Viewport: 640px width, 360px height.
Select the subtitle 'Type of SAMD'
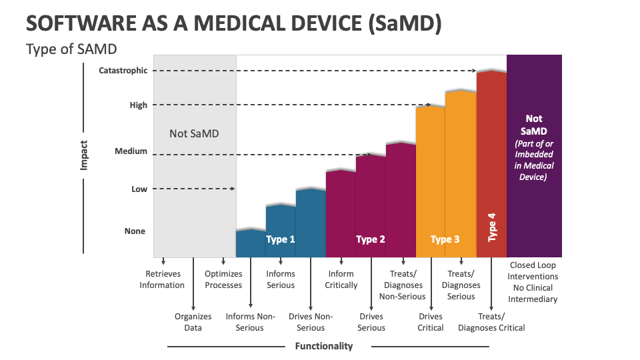(x=72, y=49)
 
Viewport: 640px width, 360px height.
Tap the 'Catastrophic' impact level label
(x=123, y=71)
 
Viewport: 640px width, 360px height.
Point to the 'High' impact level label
(x=138, y=105)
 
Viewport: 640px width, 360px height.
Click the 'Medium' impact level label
(x=131, y=151)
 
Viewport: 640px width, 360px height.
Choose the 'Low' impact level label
(x=139, y=189)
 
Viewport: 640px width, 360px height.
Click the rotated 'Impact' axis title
(x=84, y=155)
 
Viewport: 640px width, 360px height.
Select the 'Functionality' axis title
(x=323, y=346)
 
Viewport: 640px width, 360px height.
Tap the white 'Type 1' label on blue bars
(x=280, y=239)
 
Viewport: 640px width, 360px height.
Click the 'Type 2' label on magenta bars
(x=371, y=239)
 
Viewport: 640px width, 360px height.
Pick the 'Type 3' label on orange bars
(x=445, y=239)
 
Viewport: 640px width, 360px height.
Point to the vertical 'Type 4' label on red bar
(x=492, y=227)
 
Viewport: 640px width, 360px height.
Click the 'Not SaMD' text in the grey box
(x=194, y=133)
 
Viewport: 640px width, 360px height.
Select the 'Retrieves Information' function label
(x=162, y=279)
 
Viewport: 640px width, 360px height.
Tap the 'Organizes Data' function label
(x=193, y=322)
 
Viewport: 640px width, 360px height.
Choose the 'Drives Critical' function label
(x=431, y=322)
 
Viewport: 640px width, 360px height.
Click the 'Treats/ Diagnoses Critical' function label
(x=491, y=322)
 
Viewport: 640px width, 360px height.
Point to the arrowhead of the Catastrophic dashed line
(x=474, y=71)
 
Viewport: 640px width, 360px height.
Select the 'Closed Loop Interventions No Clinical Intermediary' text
(x=533, y=282)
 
